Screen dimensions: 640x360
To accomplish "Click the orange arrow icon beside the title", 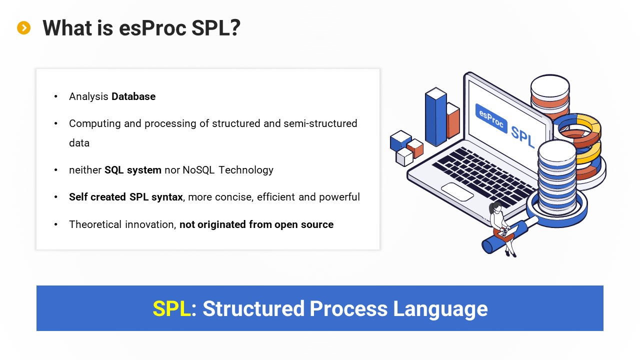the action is (23, 27).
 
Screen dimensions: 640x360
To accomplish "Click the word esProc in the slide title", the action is (152, 28).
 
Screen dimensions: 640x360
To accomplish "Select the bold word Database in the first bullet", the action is (133, 96).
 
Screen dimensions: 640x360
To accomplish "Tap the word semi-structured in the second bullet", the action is (320, 123).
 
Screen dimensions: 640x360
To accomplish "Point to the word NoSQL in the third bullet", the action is (198, 170).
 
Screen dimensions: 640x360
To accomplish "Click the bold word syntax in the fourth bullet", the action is (167, 197).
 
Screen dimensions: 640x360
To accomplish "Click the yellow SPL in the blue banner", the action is (171, 308).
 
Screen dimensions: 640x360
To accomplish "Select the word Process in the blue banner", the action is (348, 308).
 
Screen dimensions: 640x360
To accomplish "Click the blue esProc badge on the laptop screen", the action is (491, 118).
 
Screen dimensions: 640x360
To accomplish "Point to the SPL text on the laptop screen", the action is (522, 137).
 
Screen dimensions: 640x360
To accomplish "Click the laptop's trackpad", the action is (457, 192).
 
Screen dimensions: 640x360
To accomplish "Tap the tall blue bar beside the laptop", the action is (435, 116).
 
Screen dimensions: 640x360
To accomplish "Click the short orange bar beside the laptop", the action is (453, 120).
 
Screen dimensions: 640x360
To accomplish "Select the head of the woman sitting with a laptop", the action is (497, 207).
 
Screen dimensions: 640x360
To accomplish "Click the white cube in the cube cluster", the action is (404, 157).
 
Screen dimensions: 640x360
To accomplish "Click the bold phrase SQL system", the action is (133, 170).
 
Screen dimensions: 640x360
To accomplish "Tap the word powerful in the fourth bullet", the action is (339, 197).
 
